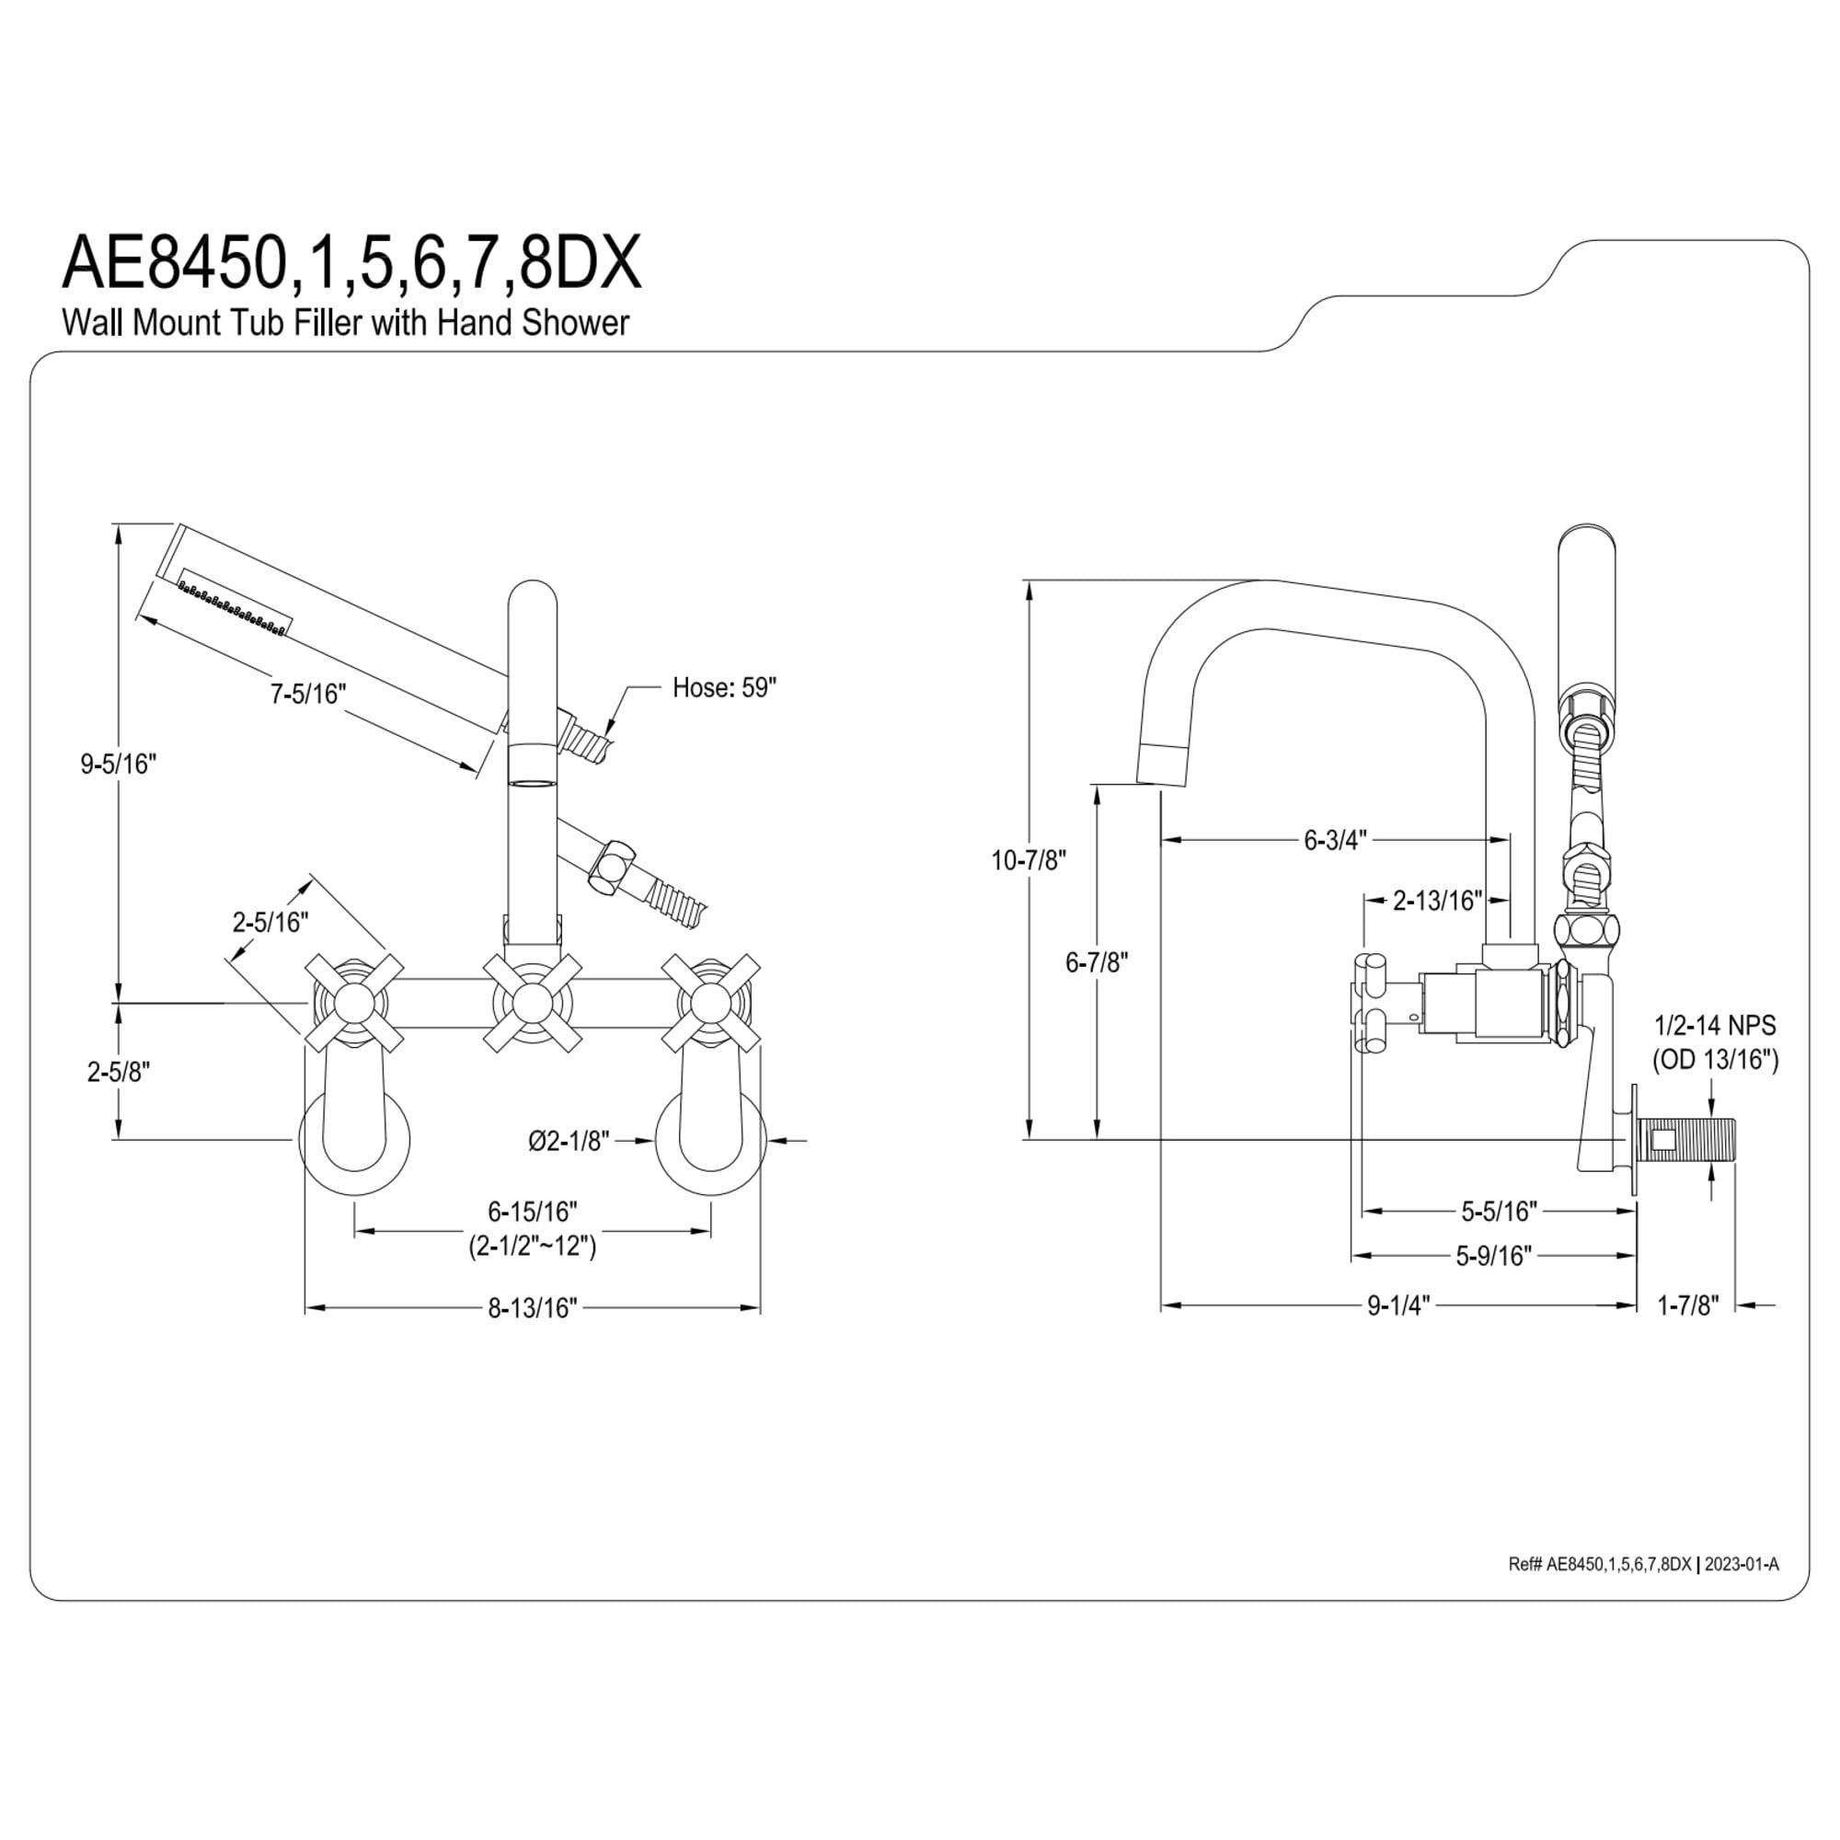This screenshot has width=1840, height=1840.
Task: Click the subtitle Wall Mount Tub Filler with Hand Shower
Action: click(x=346, y=323)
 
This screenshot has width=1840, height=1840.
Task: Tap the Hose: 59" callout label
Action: click(x=724, y=687)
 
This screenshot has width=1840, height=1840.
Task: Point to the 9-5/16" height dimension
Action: click(x=118, y=764)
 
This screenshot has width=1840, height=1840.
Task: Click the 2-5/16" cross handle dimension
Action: click(x=270, y=922)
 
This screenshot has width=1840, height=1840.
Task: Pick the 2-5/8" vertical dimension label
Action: click(x=118, y=1072)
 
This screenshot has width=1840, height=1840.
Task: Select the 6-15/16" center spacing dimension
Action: click(x=533, y=1212)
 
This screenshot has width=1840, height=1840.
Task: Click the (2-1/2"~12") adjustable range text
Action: click(x=533, y=1246)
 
